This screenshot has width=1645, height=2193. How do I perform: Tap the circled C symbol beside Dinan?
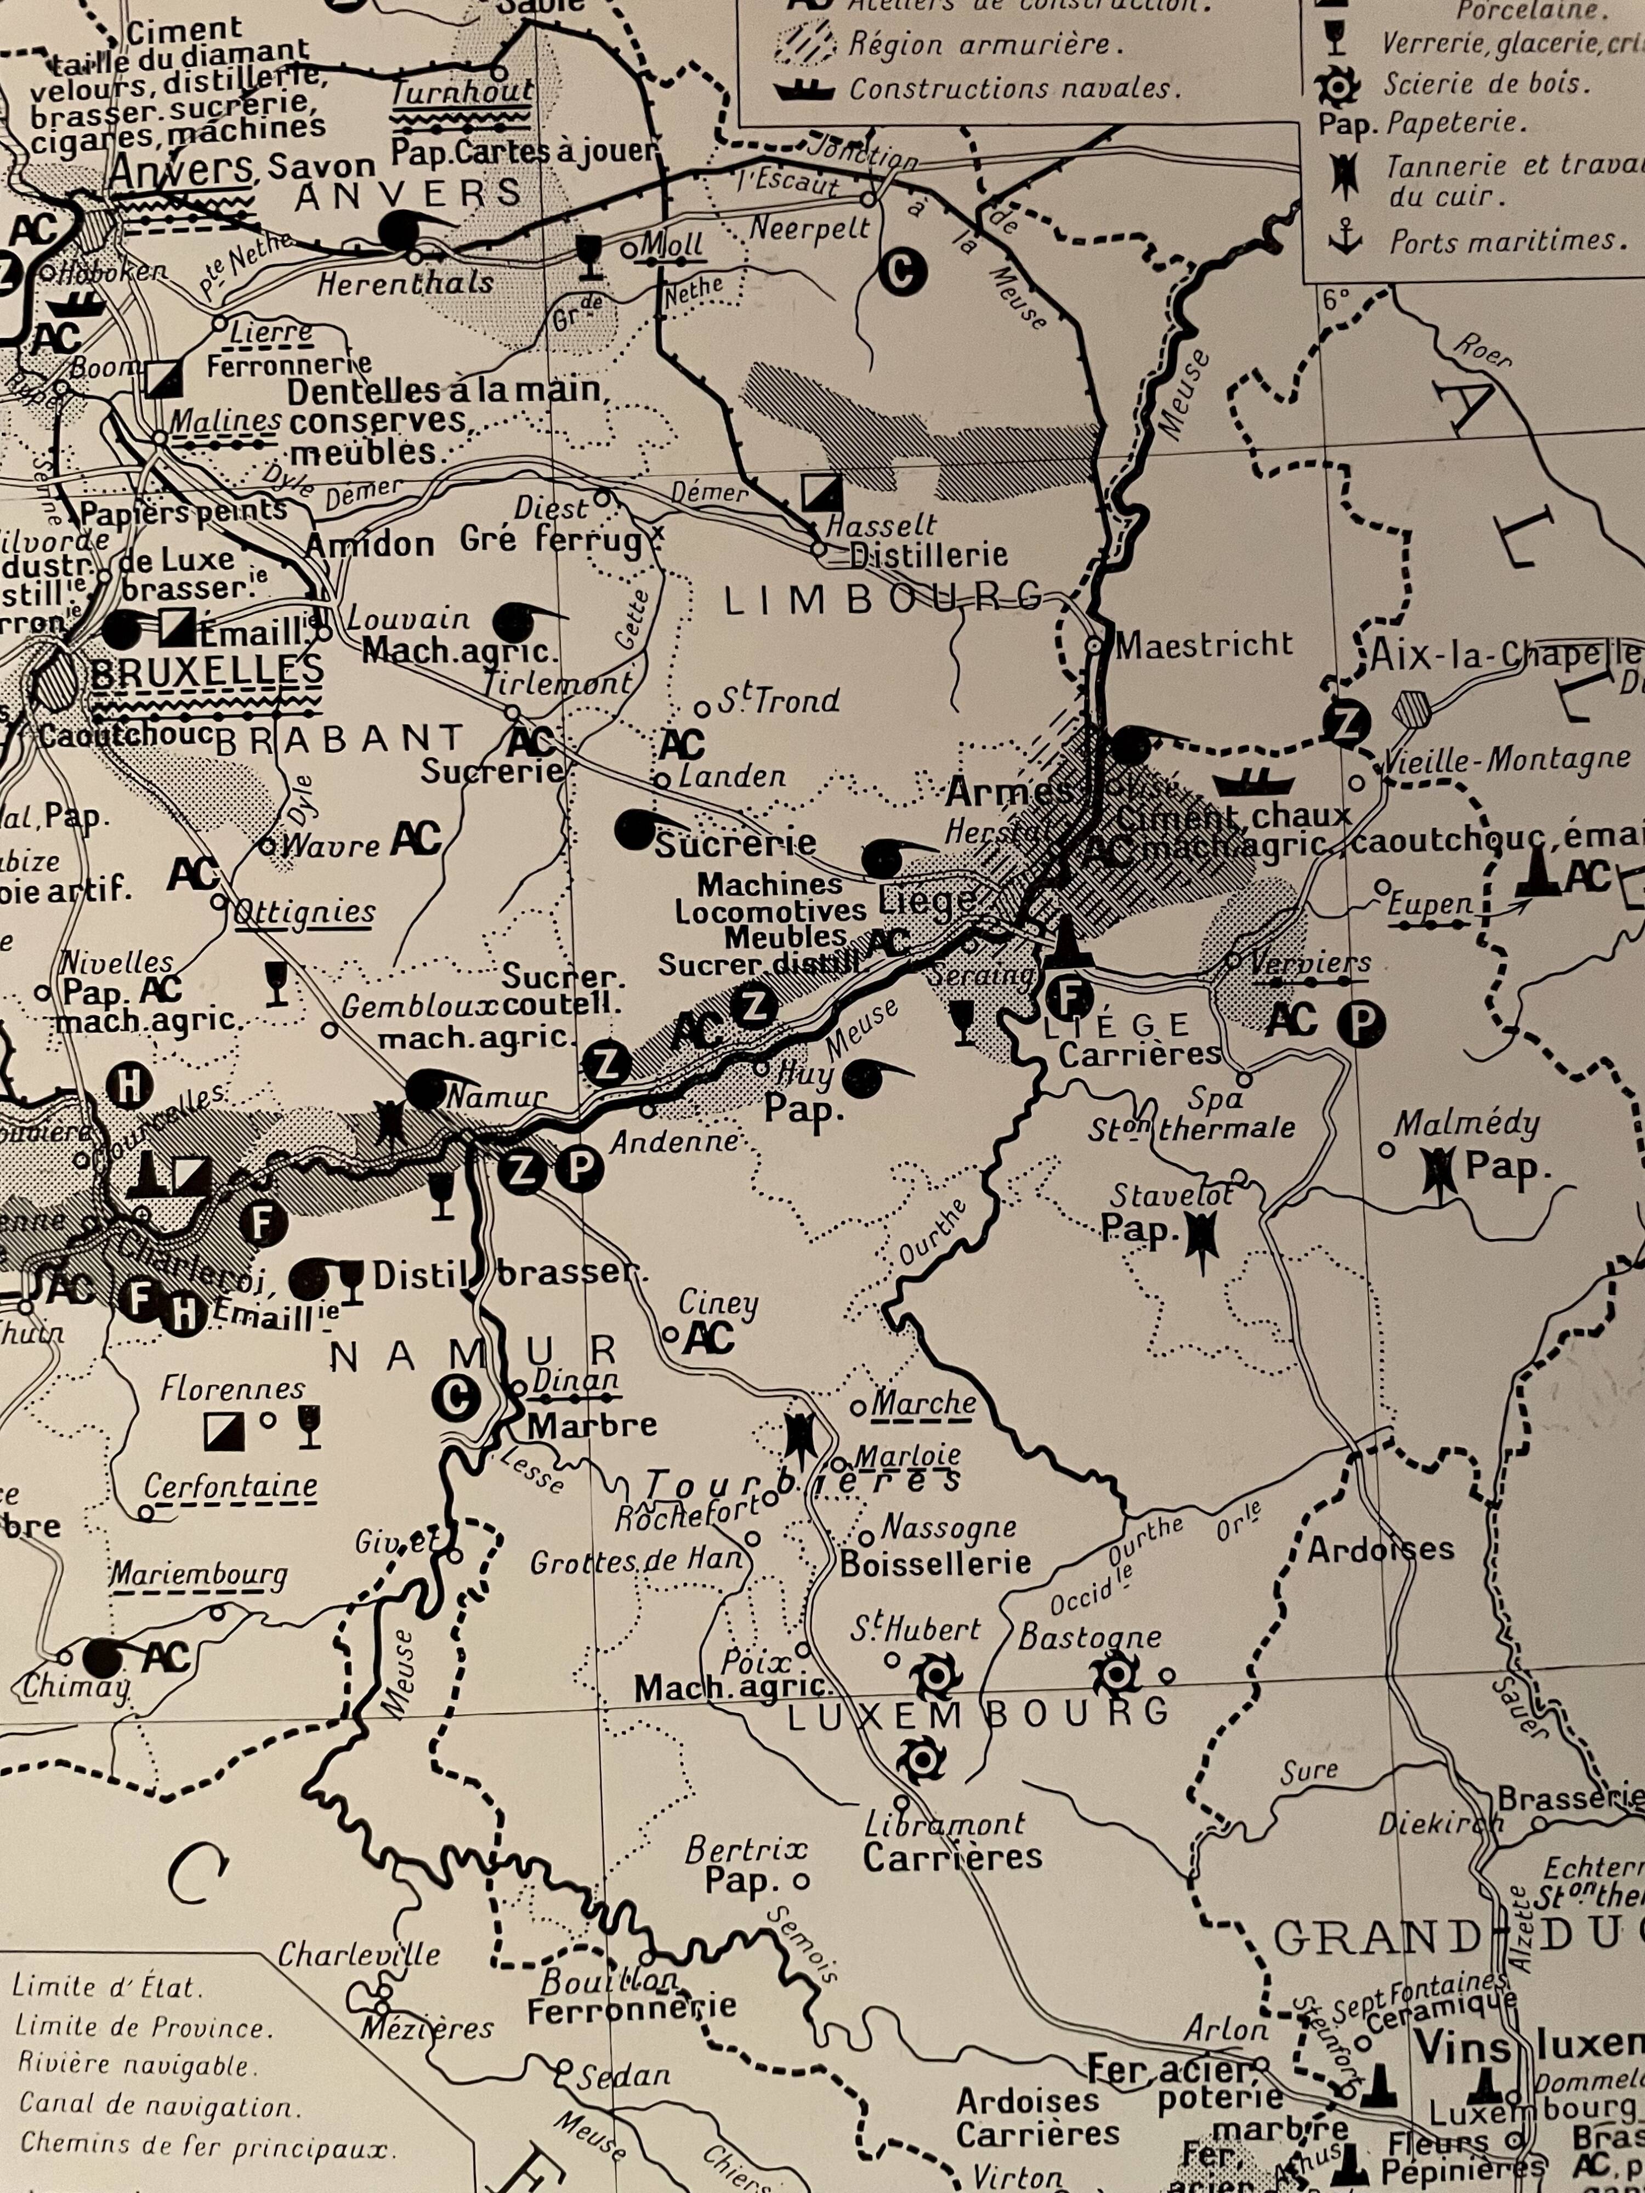tap(456, 1399)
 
